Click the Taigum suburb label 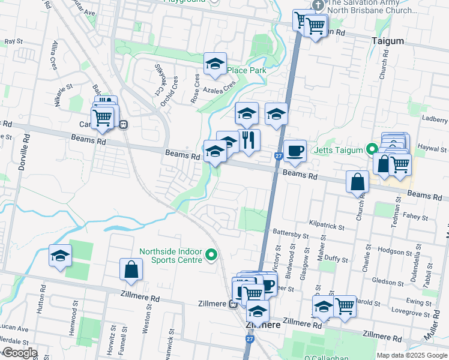(387, 41)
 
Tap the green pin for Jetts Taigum (372, 149)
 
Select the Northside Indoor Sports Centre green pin (211, 256)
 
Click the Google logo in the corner (19, 353)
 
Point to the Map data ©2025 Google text (411, 355)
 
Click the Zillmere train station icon (232, 304)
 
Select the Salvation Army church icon (318, 4)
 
